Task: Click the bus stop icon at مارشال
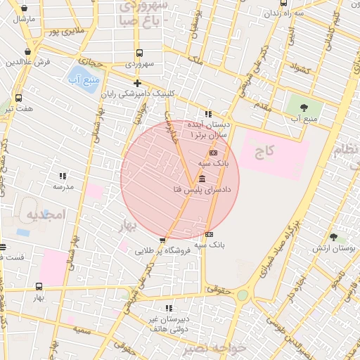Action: [x=25, y=8]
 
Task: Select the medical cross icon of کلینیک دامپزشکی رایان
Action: [x=137, y=83]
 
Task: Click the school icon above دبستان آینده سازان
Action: [x=208, y=114]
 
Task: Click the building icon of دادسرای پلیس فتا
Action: [x=202, y=179]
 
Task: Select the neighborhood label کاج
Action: [x=264, y=150]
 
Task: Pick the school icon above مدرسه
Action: [x=63, y=176]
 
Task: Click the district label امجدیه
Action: [x=46, y=213]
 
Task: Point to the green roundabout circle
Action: [x=243, y=295]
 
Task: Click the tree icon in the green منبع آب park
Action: [x=303, y=108]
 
